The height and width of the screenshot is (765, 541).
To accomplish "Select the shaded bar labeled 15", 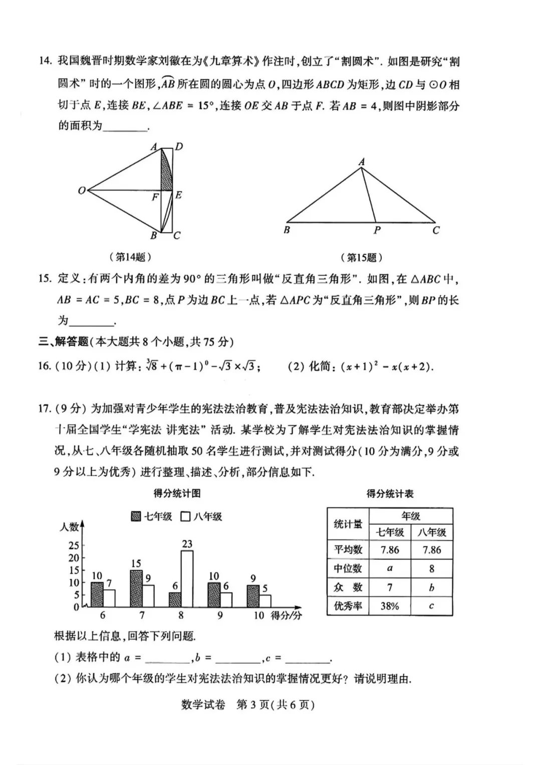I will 136,589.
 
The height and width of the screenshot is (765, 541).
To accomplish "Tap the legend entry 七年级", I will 152,516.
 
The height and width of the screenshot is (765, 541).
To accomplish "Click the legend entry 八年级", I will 201,516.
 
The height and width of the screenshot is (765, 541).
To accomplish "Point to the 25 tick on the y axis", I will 74,545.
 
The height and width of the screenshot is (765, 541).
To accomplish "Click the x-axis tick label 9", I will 220,615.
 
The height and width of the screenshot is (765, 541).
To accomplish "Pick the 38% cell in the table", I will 390,606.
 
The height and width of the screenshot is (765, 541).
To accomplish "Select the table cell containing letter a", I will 390,568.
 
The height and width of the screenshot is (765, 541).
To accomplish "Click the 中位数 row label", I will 348,568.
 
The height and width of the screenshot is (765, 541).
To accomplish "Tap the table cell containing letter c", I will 431,606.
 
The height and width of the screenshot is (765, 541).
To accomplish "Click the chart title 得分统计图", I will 177,493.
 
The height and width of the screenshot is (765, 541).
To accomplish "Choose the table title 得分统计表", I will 390,494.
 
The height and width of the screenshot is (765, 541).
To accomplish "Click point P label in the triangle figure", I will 377,230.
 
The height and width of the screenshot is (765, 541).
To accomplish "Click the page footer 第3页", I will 252,704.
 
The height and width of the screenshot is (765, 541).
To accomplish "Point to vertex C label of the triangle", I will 436,230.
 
